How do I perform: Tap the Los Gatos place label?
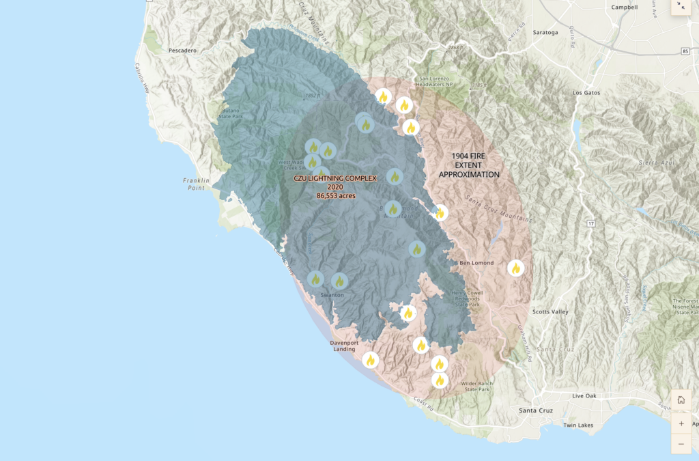[586, 92]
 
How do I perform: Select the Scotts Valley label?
[550, 311]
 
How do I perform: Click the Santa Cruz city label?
[536, 410]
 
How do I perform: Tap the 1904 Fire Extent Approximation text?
[469, 165]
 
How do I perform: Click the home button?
[681, 400]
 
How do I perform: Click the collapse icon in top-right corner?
[681, 6]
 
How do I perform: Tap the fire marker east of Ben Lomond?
[516, 268]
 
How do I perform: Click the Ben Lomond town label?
[476, 262]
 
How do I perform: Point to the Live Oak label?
[585, 396]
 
